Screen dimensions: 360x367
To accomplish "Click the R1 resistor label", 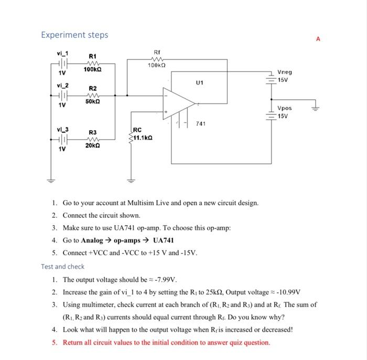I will (x=92, y=56).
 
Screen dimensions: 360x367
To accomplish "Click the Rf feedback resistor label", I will (x=156, y=51).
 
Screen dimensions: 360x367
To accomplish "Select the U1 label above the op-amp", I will (x=199, y=82).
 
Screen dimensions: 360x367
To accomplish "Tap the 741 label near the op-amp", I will (x=200, y=124).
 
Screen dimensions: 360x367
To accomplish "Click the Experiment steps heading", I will (x=74, y=35).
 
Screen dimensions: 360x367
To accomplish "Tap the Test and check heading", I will (x=62, y=267).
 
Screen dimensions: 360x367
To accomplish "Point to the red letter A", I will (x=318, y=38).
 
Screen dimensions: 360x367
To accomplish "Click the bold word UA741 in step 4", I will (x=163, y=240).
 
